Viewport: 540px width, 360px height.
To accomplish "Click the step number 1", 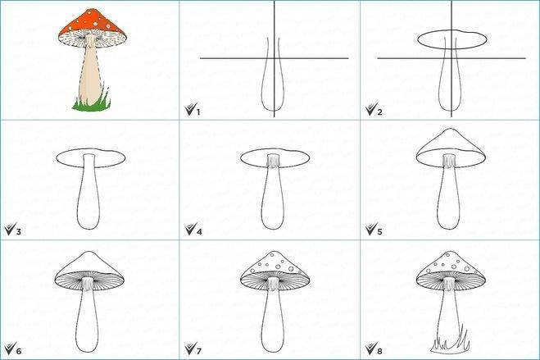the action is (x=198, y=112).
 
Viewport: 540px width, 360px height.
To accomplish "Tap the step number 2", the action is (x=379, y=112).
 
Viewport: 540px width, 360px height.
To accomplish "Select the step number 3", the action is (x=19, y=231).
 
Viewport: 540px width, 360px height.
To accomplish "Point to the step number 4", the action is (x=199, y=231).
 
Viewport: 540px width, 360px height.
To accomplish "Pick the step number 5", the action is (x=379, y=231).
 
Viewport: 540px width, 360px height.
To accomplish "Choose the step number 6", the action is (x=19, y=351).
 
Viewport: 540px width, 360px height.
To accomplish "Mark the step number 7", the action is (x=199, y=351).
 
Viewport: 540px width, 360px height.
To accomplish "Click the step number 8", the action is (x=379, y=351).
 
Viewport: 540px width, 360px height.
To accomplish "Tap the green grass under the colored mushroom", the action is (x=92, y=104).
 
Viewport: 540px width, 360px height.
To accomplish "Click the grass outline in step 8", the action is (x=450, y=344).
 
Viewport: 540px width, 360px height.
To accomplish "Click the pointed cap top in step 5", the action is (x=451, y=130).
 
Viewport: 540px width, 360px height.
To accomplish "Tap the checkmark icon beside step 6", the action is (x=10, y=348).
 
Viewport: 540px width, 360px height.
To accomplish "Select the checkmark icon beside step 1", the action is (x=190, y=109).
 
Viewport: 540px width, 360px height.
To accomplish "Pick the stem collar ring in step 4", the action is (x=273, y=162).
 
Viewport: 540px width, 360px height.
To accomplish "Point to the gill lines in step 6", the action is (x=89, y=280).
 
